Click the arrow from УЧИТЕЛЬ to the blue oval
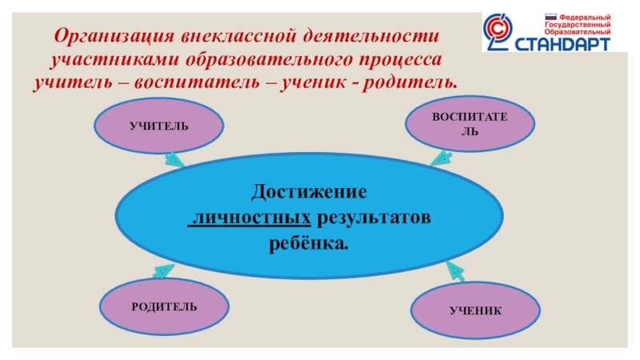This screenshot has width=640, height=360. point(174,159)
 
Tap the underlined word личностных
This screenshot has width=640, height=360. point(249,218)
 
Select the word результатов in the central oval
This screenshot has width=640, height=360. point(374,218)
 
